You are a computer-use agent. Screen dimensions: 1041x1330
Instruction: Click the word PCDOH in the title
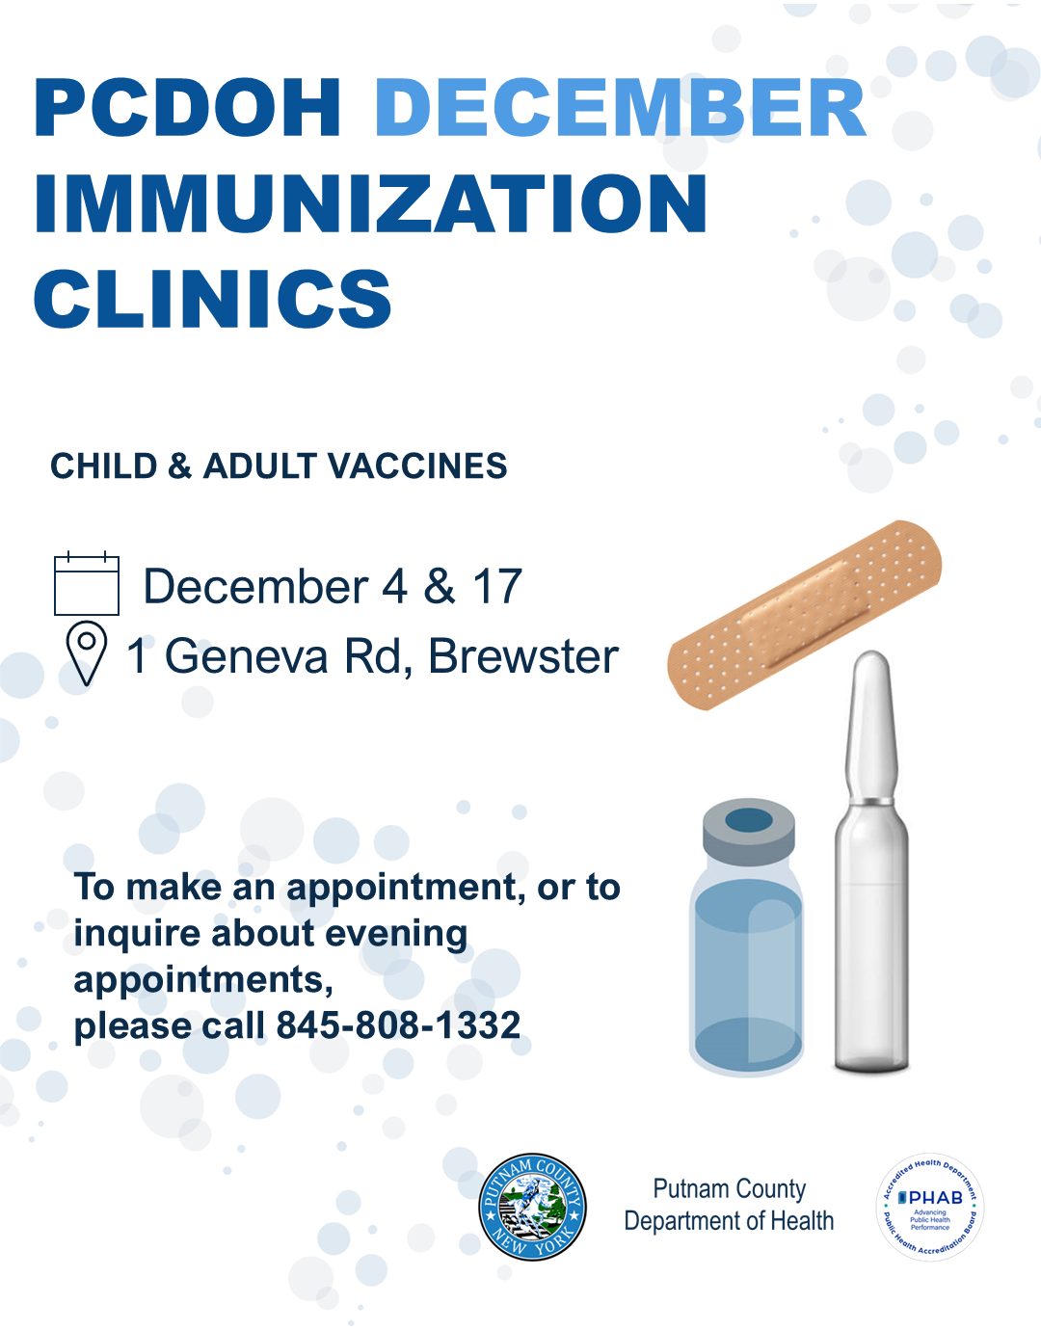click(187, 108)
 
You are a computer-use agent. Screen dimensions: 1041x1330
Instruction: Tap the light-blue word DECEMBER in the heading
click(621, 108)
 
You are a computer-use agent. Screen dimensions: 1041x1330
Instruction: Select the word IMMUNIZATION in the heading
click(371, 203)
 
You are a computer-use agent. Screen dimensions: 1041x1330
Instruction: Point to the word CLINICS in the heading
click(212, 299)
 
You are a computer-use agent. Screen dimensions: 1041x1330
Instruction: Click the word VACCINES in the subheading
click(417, 466)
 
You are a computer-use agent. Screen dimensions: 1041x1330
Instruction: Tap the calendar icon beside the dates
click(87, 583)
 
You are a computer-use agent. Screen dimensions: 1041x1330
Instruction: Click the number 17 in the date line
click(497, 586)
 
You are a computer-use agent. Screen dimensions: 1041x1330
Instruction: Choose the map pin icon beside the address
click(87, 653)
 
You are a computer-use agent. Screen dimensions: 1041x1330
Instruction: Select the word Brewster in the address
click(523, 656)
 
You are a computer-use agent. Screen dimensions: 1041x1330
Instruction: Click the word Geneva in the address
click(247, 656)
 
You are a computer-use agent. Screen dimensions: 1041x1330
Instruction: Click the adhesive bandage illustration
click(804, 615)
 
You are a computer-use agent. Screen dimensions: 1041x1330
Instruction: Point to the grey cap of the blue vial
click(749, 832)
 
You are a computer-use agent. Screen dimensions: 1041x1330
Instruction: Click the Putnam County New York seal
click(532, 1207)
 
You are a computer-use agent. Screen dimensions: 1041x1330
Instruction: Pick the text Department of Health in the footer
click(729, 1221)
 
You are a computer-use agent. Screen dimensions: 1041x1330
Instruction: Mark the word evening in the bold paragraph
click(396, 935)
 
